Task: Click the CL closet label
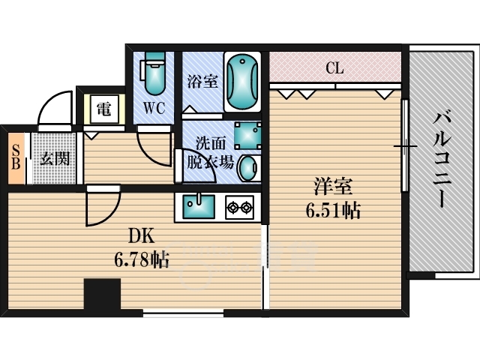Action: point(334,68)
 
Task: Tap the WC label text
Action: point(154,108)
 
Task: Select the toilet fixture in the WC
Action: point(154,73)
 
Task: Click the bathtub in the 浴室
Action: point(242,82)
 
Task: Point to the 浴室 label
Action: point(202,81)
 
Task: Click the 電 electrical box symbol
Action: point(104,109)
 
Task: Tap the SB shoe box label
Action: point(16,157)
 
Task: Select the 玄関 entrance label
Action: point(55,158)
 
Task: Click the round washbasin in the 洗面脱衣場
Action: point(249,168)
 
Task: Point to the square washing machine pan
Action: point(247,135)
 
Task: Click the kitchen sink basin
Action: point(199,207)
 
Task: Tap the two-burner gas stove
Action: point(240,208)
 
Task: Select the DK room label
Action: point(141,236)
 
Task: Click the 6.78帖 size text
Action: point(142,259)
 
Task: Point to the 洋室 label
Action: point(333,186)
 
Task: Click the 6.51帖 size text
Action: point(333,210)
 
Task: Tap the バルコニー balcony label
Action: point(442,159)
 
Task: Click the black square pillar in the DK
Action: point(102,294)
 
